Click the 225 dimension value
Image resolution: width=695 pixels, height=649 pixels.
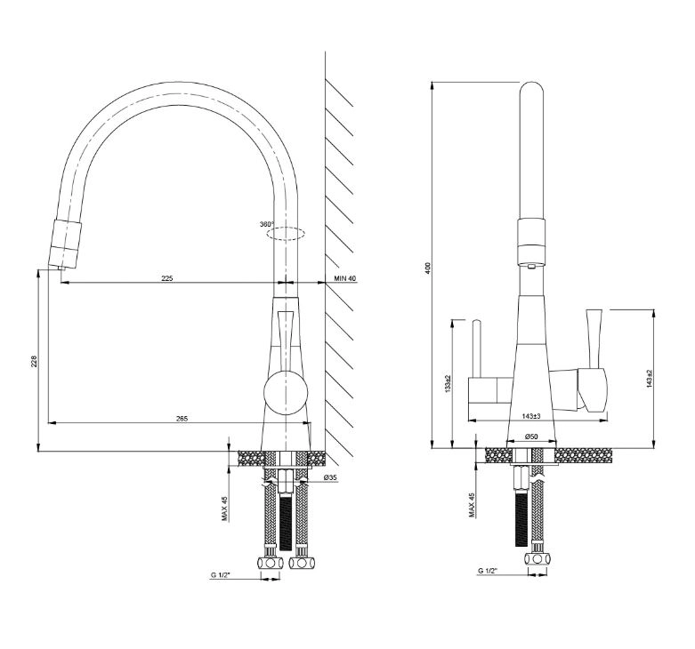(167, 278)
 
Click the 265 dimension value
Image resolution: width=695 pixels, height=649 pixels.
(182, 419)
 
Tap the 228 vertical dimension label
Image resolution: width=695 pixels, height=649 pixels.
(35, 361)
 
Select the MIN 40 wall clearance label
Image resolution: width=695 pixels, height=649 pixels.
(345, 278)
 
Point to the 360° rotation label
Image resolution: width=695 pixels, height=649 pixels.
(267, 224)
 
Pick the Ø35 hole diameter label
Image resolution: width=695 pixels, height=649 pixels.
(331, 477)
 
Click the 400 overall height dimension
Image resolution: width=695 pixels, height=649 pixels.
(427, 268)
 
